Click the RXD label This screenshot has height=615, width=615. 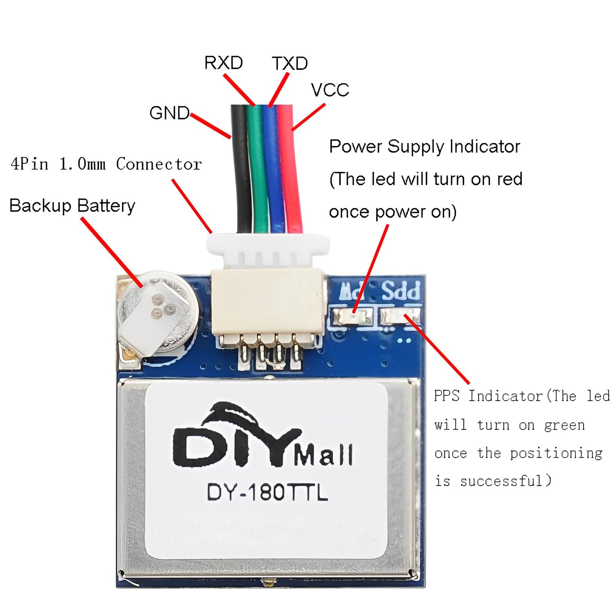223,63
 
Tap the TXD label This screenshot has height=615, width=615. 290,63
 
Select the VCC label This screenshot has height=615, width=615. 330,90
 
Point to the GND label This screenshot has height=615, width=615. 169,113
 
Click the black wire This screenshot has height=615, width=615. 241,169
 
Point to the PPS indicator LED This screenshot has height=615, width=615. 400,317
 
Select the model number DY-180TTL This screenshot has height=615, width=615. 268,492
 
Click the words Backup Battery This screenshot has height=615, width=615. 72,206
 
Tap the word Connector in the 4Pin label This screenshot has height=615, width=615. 159,164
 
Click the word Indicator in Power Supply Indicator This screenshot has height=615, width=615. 484,146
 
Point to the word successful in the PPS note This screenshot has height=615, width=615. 501,481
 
